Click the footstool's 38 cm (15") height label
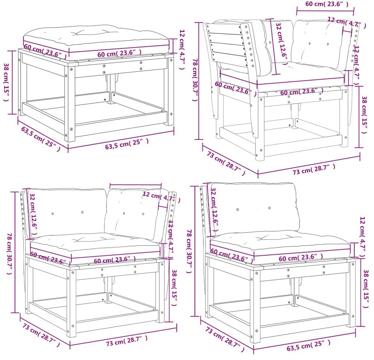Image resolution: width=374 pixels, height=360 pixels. (6, 82)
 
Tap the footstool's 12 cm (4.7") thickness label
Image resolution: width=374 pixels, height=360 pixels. (182, 49)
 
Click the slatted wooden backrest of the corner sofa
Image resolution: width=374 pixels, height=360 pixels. (227, 46)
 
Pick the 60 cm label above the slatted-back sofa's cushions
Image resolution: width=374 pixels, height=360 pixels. (327, 4)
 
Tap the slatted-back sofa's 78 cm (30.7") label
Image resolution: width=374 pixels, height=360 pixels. (195, 80)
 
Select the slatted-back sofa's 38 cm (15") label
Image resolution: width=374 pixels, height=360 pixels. (365, 115)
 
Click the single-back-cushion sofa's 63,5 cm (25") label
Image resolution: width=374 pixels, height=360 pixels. (308, 345)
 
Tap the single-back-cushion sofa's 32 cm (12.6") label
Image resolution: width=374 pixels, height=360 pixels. (215, 209)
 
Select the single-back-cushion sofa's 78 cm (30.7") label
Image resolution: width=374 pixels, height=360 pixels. (189, 251)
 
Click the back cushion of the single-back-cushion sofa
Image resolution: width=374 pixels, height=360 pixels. (255, 209)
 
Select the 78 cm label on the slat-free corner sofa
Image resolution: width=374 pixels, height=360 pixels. (9, 254)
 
